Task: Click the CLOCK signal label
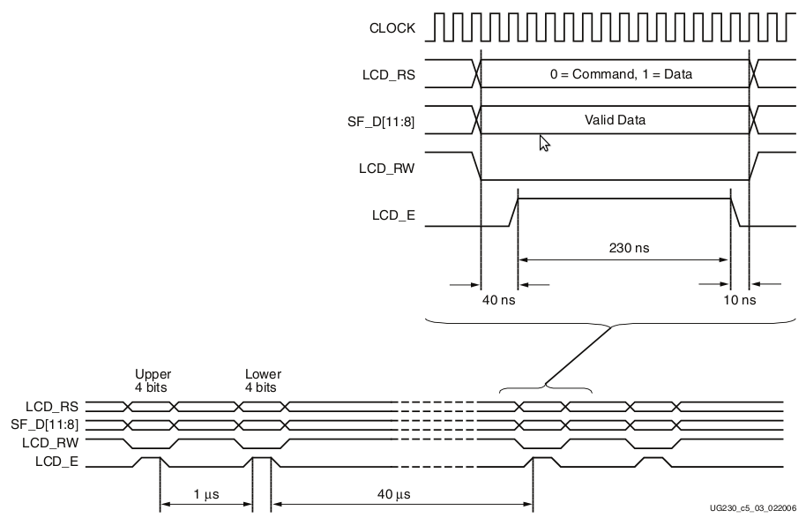tap(392, 28)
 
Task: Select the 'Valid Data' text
tap(615, 120)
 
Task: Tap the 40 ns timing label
tap(498, 300)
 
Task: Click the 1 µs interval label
tap(206, 492)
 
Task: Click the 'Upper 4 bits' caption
tap(153, 380)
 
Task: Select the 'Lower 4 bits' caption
tap(263, 380)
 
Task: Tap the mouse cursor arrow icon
tap(544, 143)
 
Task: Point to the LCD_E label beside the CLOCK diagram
tap(394, 213)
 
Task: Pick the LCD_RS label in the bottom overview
tap(56, 407)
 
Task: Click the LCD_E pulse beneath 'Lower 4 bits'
tap(262, 460)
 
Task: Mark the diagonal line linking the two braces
tap(578, 357)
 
